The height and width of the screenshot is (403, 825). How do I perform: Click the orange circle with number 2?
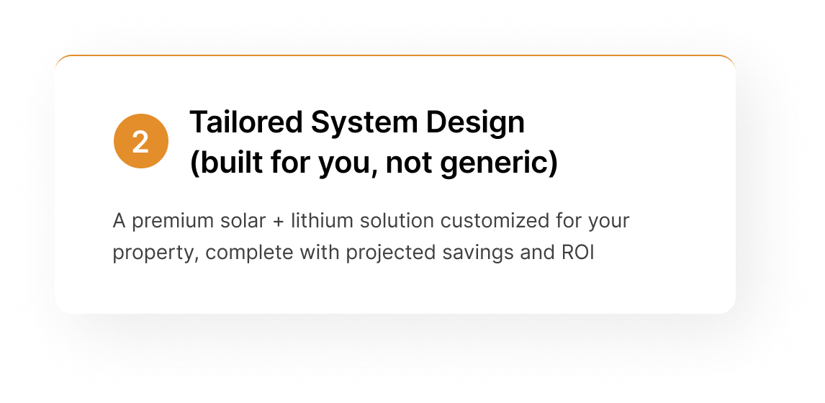141,141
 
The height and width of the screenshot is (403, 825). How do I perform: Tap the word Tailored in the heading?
245,122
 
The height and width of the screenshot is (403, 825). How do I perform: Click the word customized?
495,220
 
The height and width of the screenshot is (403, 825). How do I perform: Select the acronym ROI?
577,253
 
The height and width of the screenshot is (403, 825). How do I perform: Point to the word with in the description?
320,252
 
